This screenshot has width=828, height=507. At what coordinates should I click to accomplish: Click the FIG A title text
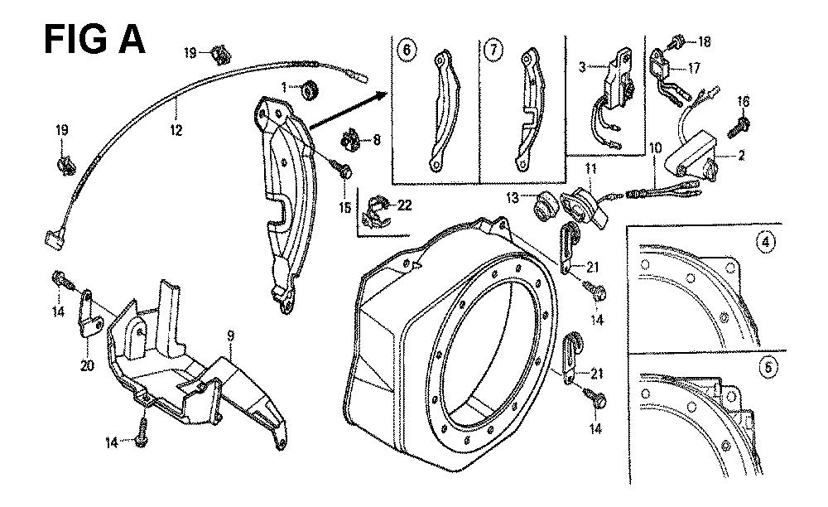[x=94, y=39]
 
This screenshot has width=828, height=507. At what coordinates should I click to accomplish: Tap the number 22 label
[x=383, y=205]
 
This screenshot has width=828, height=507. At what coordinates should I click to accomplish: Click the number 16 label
[x=743, y=101]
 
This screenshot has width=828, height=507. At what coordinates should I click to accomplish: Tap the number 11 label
[x=591, y=169]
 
